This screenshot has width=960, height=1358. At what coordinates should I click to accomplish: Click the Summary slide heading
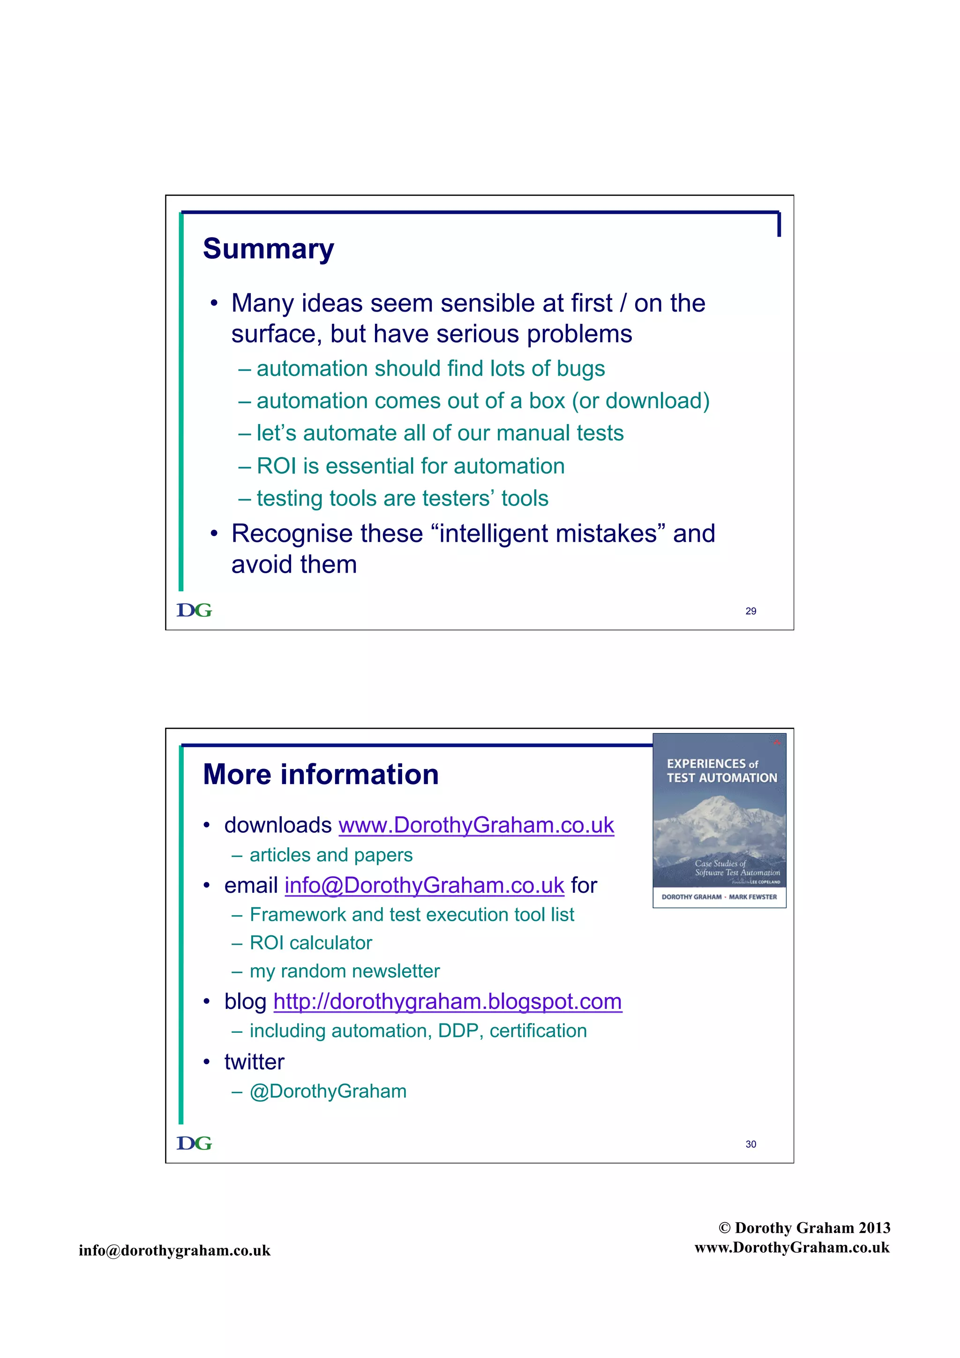[x=268, y=249]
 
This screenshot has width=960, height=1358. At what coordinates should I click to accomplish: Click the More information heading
[x=321, y=775]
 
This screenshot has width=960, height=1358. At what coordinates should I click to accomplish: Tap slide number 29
[x=750, y=611]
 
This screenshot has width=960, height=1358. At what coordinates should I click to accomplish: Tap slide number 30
[x=750, y=1144]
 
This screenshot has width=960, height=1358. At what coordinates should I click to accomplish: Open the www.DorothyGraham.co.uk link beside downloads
[x=476, y=825]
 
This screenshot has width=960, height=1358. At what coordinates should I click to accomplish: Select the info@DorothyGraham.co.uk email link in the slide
[x=424, y=886]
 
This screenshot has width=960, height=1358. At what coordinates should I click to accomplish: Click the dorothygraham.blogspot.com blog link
[x=447, y=1001]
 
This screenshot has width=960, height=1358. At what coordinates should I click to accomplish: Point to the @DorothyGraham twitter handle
[x=328, y=1091]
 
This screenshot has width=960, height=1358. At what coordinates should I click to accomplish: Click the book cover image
[x=719, y=821]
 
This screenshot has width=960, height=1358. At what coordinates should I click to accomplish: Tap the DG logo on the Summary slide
[x=194, y=611]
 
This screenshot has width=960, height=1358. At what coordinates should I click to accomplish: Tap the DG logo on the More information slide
[x=194, y=1143]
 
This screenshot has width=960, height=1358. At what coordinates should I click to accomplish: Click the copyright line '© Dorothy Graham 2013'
[x=804, y=1228]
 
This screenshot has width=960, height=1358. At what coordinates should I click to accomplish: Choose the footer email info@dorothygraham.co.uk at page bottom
[x=174, y=1250]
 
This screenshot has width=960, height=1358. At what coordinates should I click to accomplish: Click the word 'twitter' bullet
[x=255, y=1062]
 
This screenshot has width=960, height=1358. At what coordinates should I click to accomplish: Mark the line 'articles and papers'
[x=330, y=855]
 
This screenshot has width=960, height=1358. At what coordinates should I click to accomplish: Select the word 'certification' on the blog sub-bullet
[x=538, y=1031]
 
